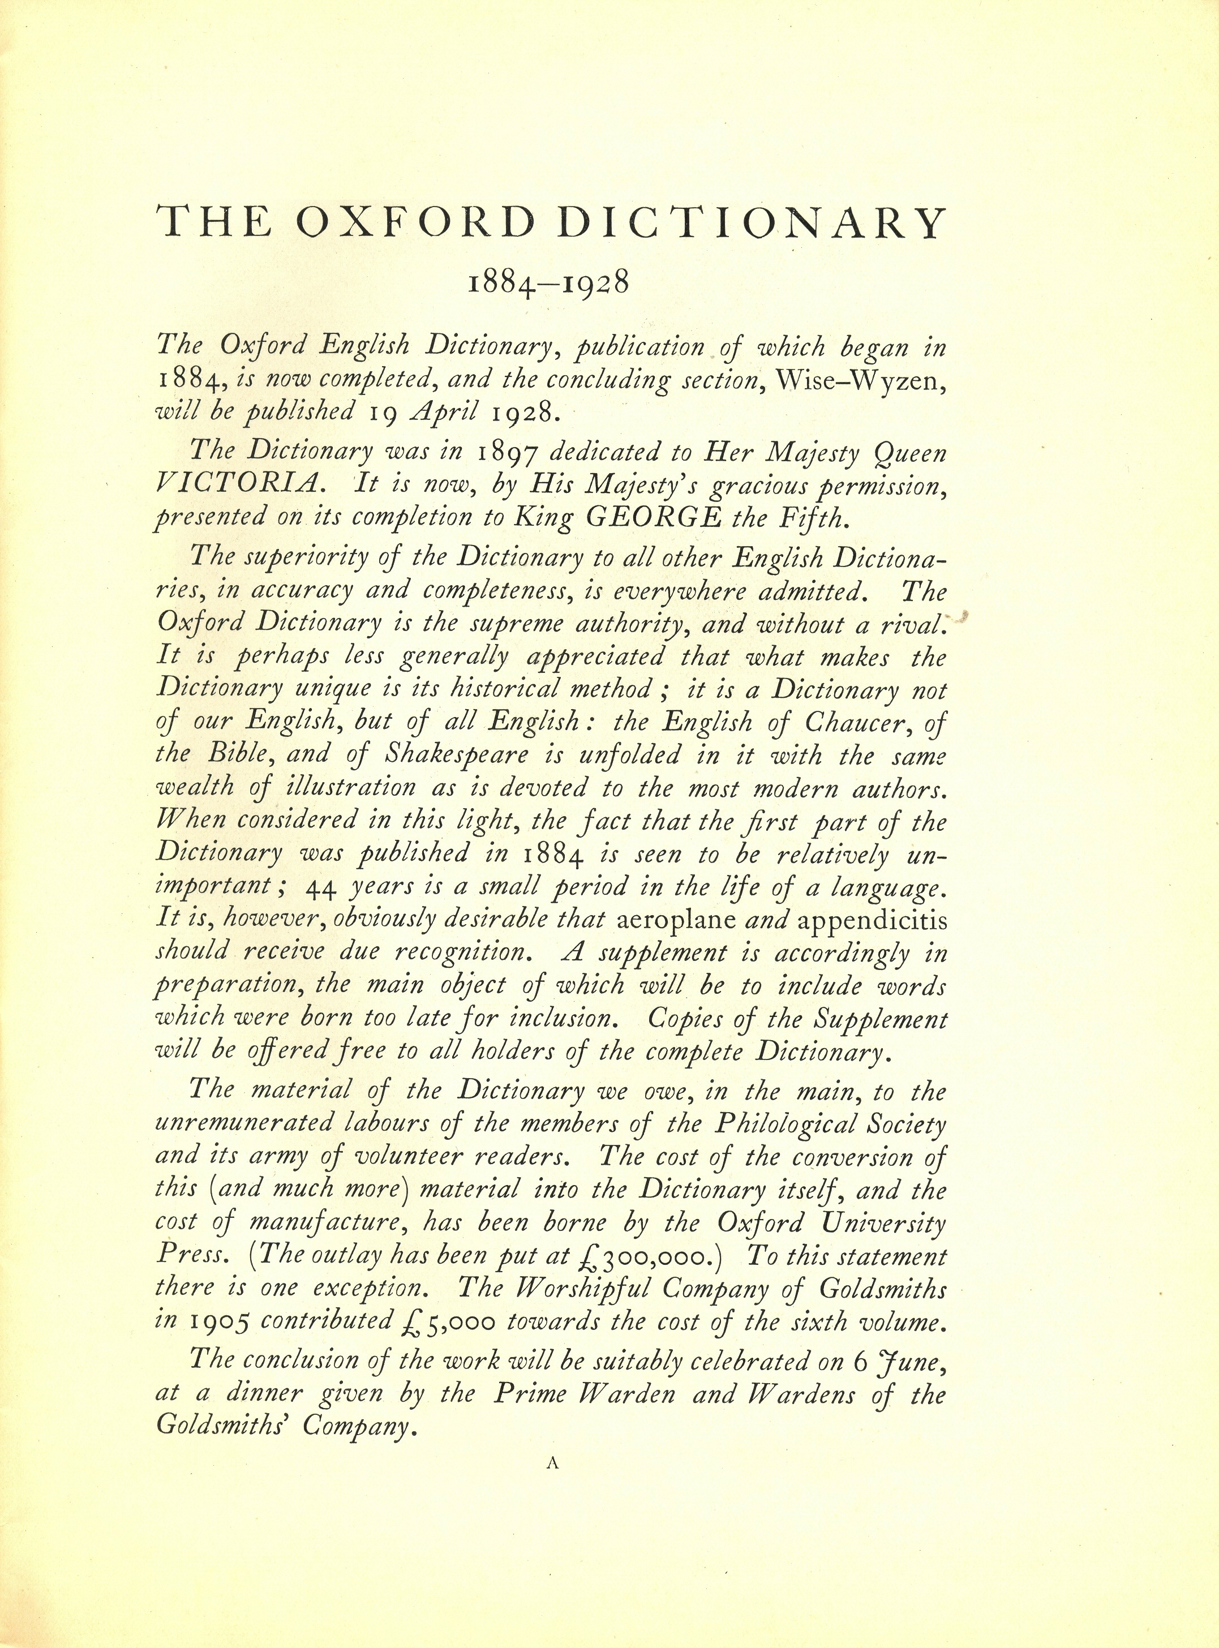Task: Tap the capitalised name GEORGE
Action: click(653, 518)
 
